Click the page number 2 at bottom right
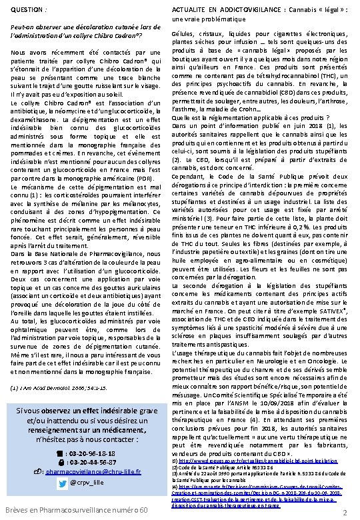344,512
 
